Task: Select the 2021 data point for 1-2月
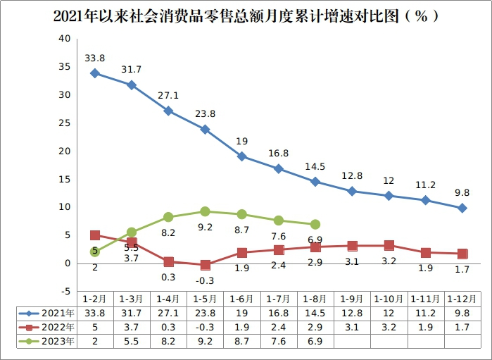click(x=95, y=73)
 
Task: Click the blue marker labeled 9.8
click(x=462, y=208)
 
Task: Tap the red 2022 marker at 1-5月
click(x=205, y=265)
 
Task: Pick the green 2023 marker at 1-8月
click(x=315, y=224)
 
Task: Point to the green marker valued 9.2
click(x=205, y=211)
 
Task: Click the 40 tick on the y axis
click(x=64, y=39)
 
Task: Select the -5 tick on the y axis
click(x=64, y=291)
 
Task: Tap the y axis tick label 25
click(x=64, y=123)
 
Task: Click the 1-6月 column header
click(x=241, y=299)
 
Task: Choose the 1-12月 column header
click(x=462, y=299)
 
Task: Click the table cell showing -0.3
click(x=205, y=327)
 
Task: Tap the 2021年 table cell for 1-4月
click(x=168, y=313)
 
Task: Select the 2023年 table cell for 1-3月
click(x=132, y=341)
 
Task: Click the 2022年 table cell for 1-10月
click(x=389, y=327)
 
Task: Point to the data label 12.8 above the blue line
click(x=352, y=175)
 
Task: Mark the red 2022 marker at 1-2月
click(x=95, y=235)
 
